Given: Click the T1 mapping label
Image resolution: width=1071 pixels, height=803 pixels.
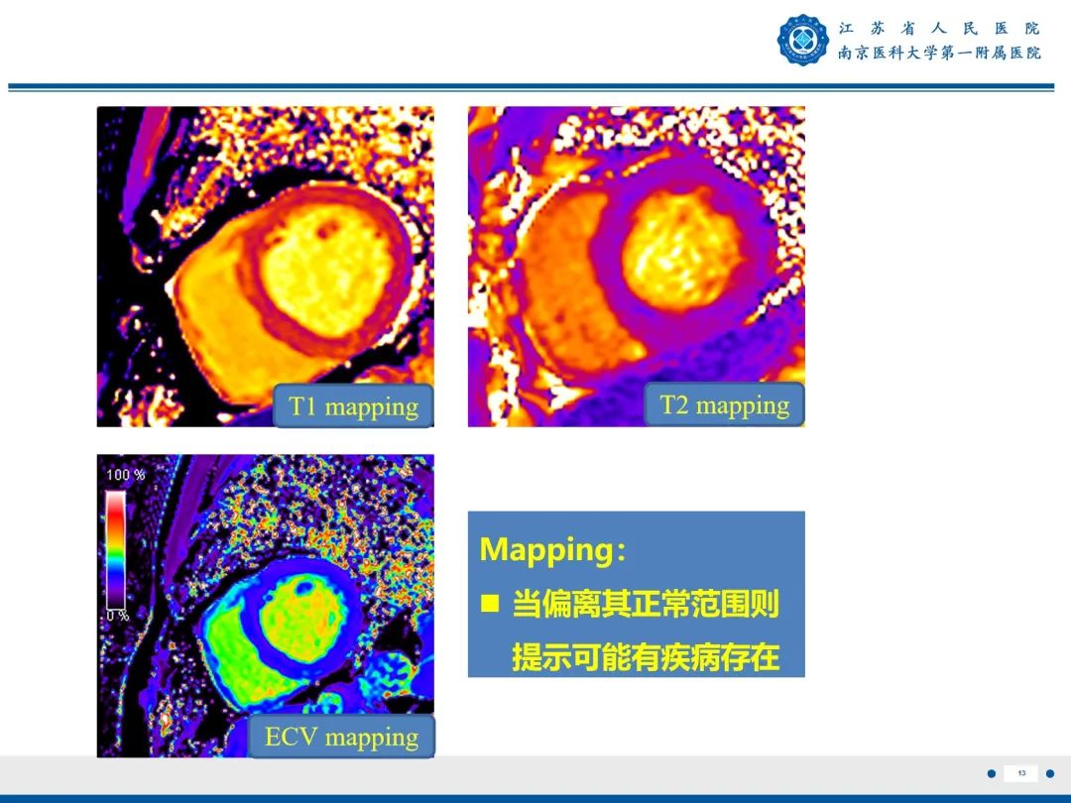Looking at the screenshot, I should pos(353,406).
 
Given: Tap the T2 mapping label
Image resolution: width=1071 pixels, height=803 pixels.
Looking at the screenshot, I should pos(724,404).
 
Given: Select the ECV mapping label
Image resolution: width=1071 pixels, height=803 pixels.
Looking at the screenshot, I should pos(341,737).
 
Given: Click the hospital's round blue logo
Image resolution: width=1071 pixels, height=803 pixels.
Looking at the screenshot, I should pos(802,41).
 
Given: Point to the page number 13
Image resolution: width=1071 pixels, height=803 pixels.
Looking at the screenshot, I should pos(1020,773).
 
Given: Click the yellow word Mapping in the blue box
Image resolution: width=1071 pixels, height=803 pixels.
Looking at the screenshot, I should pos(546,550).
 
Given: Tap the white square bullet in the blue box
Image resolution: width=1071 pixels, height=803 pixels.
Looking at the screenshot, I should pos(489,603).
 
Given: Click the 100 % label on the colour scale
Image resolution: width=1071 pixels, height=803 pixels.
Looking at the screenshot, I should pos(125,475).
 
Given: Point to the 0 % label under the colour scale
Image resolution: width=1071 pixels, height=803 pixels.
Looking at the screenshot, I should pos(118,616).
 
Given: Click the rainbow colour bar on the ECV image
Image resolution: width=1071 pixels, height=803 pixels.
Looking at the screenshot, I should pos(116,549).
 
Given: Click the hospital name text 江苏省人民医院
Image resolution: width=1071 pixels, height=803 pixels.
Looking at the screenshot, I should pos(938,28).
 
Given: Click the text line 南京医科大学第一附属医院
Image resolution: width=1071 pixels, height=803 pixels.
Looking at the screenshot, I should pos(938,53).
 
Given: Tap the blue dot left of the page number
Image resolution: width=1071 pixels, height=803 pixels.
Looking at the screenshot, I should pos(991,773).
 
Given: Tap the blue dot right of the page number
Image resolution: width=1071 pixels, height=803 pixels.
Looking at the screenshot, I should pos(1050,773).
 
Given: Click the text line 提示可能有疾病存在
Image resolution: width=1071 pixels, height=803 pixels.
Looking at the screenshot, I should pos(645,657).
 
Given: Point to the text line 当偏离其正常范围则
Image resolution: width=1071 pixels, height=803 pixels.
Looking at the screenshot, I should pos(645,604).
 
